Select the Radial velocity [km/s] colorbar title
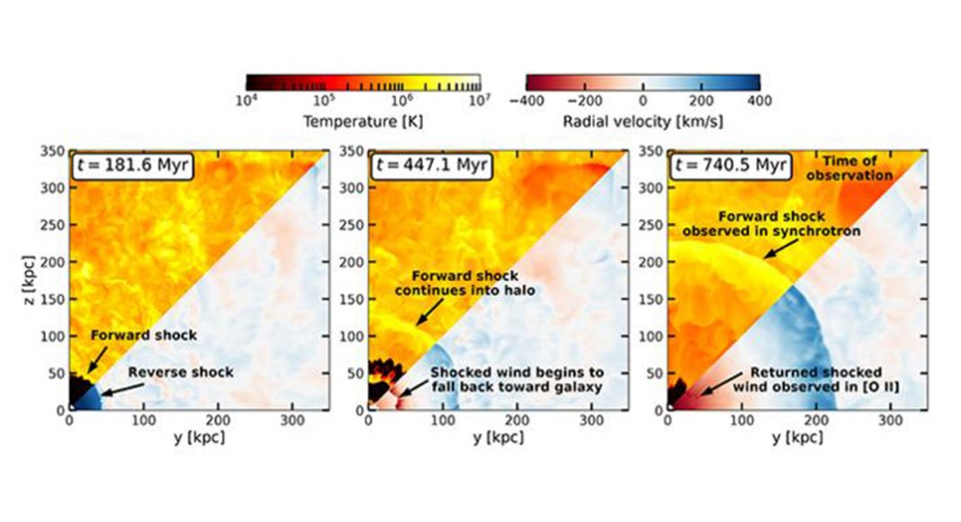[642, 120]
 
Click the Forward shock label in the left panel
[143, 336]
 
